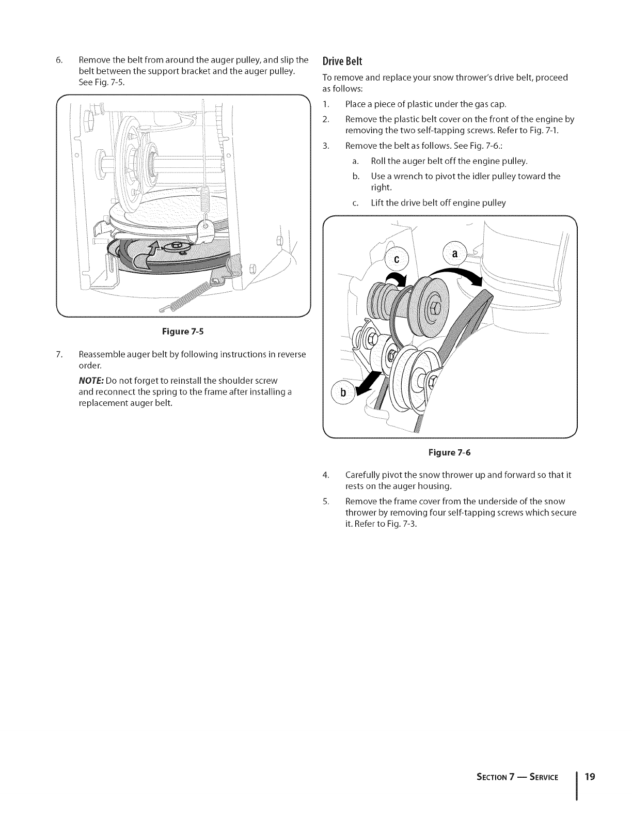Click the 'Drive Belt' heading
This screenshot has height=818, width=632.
tap(342, 61)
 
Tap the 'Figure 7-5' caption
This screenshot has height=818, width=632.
tap(183, 332)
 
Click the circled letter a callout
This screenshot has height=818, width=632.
tap(455, 254)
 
